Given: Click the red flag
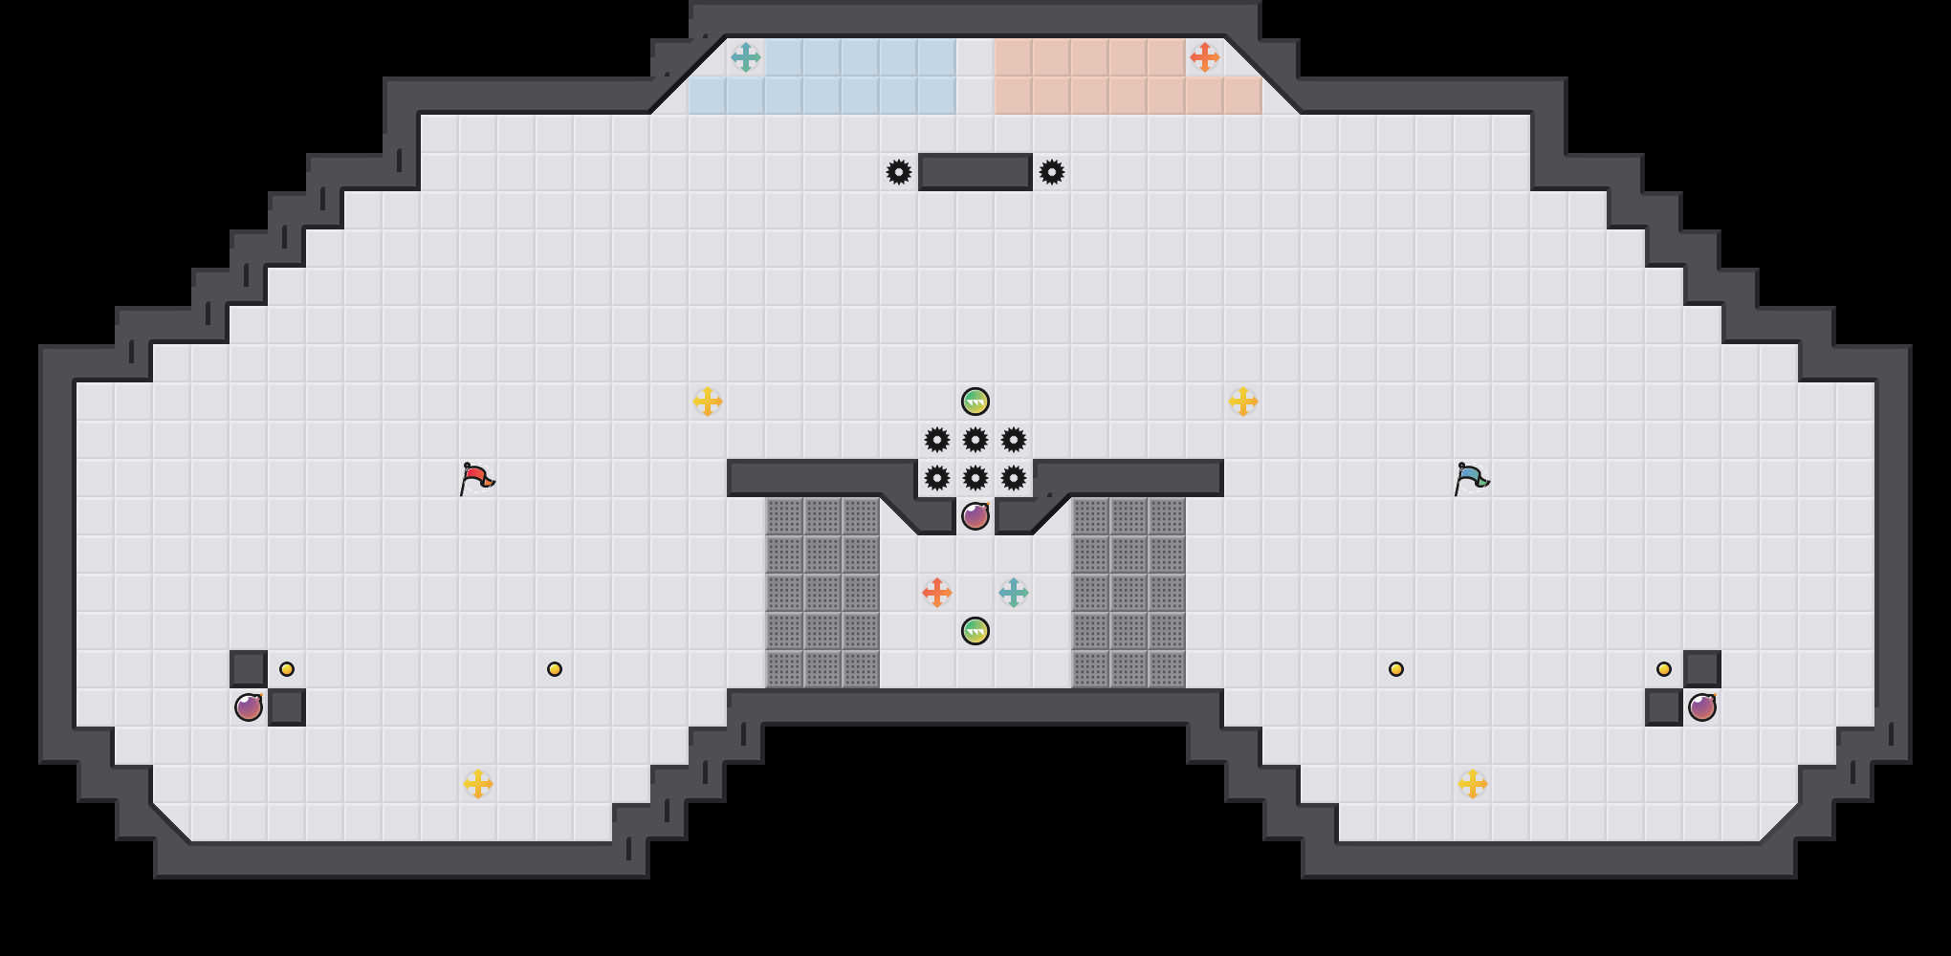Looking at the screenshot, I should [x=476, y=477].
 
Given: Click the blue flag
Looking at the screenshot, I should [x=1471, y=477].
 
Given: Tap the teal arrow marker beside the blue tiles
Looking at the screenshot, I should [x=745, y=57].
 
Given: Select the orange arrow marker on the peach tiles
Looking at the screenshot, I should [x=1204, y=57].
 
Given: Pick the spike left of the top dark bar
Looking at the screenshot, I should [x=899, y=172].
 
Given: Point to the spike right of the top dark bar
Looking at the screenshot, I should [x=1052, y=172].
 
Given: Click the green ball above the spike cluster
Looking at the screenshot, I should [x=975, y=402].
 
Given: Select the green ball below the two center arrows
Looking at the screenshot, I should [x=975, y=631].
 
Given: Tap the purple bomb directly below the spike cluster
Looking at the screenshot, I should [x=975, y=516].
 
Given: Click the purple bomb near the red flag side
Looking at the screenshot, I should [x=249, y=707].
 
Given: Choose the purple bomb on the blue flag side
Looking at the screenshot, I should [x=1702, y=707].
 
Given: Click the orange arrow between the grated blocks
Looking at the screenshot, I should [x=936, y=593].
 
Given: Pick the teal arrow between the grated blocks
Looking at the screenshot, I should [x=1013, y=593].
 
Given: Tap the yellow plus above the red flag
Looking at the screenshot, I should [x=707, y=402].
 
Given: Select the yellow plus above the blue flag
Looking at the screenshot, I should [x=1242, y=402].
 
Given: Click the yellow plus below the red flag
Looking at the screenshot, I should [x=477, y=784].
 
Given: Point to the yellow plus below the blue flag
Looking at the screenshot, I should [x=1472, y=784].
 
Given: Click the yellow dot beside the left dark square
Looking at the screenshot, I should [x=287, y=669].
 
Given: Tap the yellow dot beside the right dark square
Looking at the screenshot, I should [x=1664, y=669].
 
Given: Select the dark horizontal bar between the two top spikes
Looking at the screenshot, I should [x=975, y=172].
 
